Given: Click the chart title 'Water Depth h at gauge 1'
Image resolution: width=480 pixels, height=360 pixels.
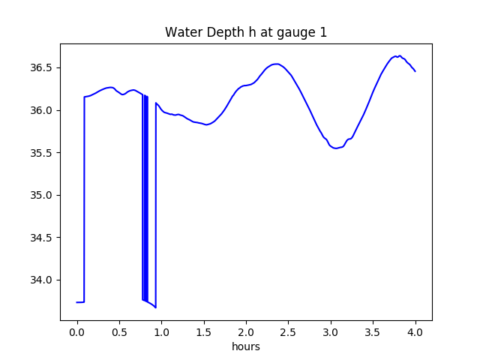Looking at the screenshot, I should tap(246, 32).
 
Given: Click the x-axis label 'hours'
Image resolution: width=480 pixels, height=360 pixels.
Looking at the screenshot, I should tap(246, 346).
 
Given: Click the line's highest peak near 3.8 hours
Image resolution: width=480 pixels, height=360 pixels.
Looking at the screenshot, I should tap(399, 55).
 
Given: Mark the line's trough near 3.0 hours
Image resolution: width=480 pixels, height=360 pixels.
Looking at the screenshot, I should tap(335, 148).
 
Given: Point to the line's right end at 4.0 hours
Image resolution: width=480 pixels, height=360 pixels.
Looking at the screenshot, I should tap(415, 71).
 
